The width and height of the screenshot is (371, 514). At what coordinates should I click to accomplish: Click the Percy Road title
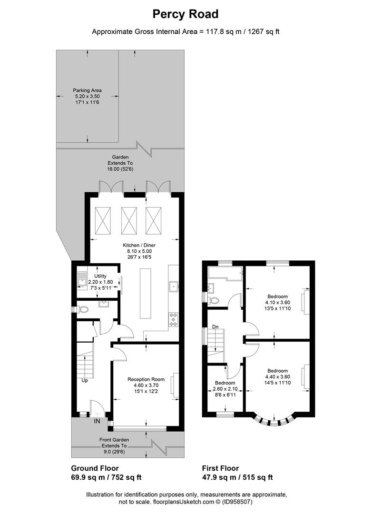(185, 14)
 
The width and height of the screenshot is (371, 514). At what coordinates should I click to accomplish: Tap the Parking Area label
(87, 90)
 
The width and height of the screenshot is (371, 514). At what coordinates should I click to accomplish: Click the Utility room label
(100, 276)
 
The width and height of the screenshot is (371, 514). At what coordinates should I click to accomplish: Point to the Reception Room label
(146, 379)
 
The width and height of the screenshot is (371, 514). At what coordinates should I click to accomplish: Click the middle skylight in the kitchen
(128, 221)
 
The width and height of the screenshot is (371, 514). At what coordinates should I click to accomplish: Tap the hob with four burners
(174, 318)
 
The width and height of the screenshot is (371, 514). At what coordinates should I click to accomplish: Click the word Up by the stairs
(84, 381)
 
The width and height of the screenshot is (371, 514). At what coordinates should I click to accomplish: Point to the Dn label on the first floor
(215, 326)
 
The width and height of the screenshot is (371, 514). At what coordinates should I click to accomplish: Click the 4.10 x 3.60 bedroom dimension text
(277, 302)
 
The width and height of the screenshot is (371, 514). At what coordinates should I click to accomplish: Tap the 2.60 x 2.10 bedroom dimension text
(225, 389)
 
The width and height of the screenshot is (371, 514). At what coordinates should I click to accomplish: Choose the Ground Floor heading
(95, 468)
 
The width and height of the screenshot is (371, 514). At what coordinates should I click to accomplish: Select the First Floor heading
(220, 468)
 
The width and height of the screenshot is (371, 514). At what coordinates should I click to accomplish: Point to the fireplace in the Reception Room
(176, 385)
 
